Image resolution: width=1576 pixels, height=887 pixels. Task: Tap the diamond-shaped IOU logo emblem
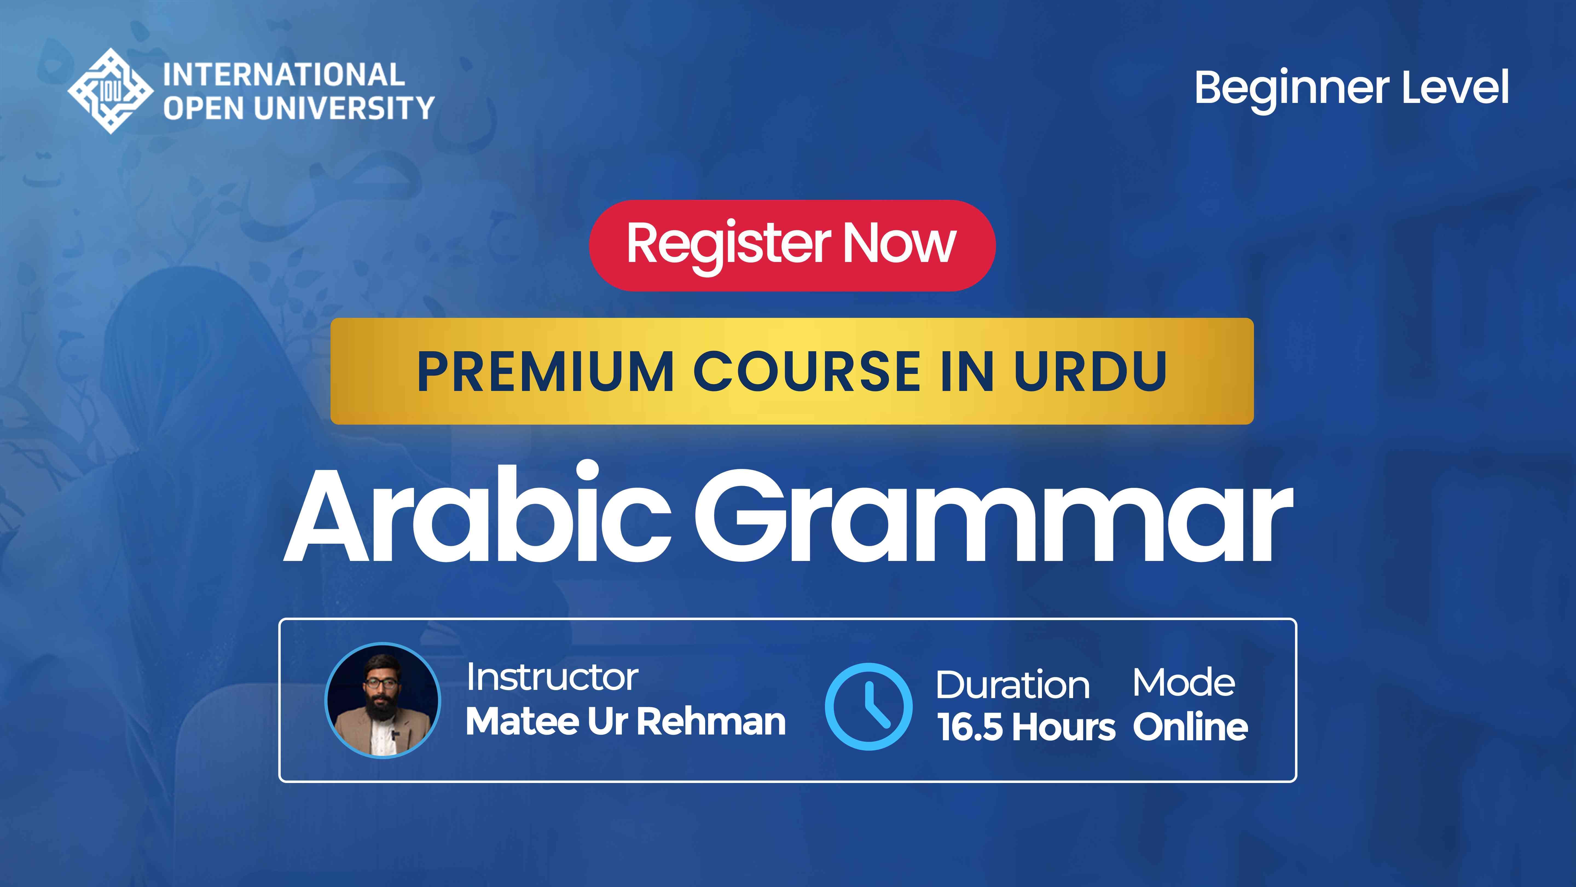click(110, 91)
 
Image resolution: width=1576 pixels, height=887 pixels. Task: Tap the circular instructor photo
click(383, 700)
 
